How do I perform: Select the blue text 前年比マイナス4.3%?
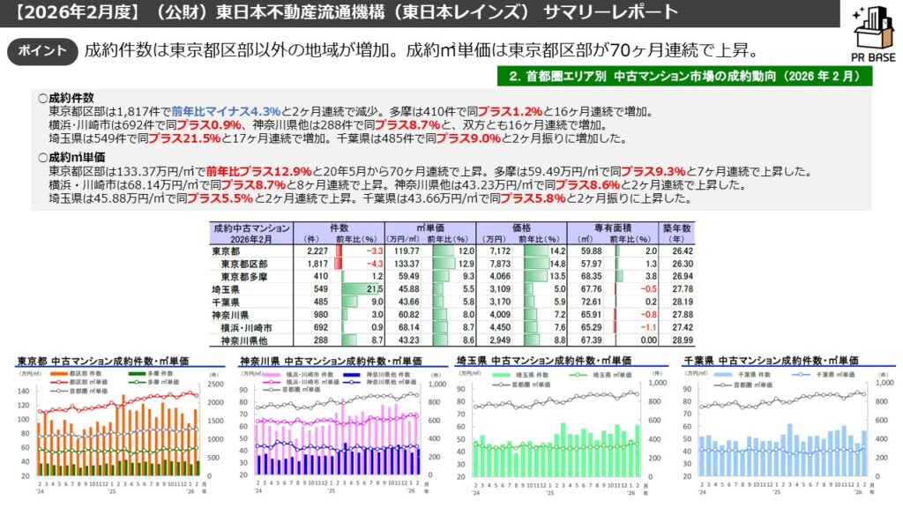[x=228, y=111]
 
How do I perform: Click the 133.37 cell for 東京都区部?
[x=406, y=264]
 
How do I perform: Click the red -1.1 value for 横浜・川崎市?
[x=639, y=326]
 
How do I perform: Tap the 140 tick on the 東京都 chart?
[x=24, y=391]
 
